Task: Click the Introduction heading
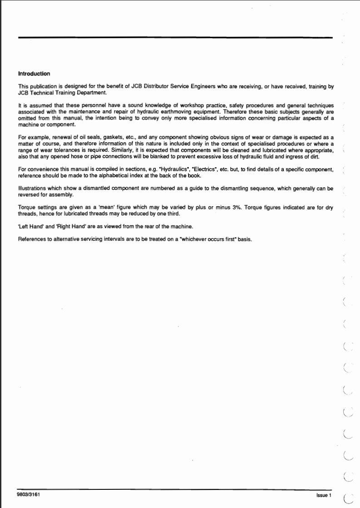[34, 74]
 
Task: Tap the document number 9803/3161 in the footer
[29, 493]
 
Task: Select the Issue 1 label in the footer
[324, 494]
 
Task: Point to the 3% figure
[235, 208]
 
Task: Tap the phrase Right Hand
[69, 227]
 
